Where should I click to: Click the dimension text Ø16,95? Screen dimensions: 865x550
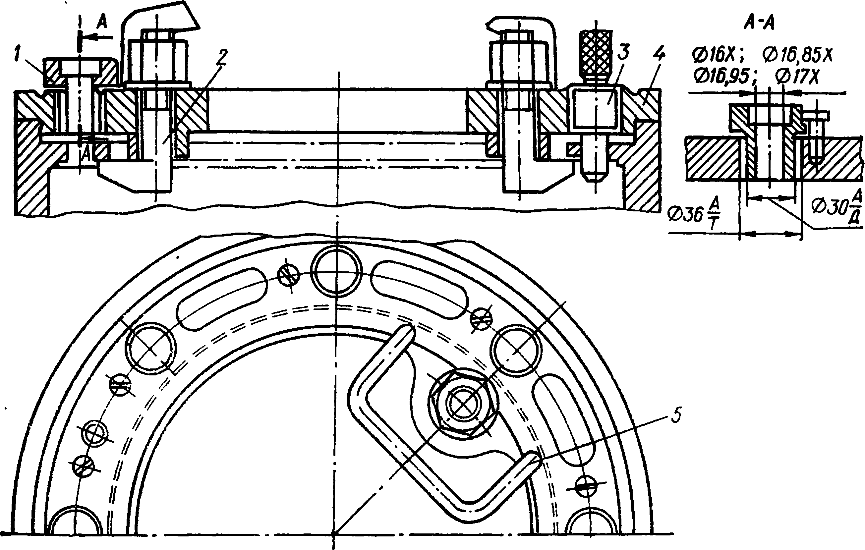[x=722, y=77]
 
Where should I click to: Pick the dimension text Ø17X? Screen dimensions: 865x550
[x=797, y=77]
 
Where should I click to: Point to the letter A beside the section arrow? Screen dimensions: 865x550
[x=102, y=23]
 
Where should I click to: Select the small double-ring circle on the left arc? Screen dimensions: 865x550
[x=94, y=433]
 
